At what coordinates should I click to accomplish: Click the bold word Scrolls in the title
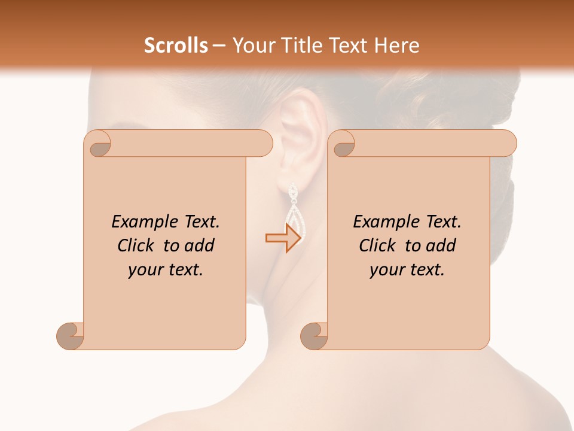click(x=176, y=45)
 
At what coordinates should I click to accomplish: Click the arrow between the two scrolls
click(x=283, y=238)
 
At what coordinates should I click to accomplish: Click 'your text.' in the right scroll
click(x=407, y=270)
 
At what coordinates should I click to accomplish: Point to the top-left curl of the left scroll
click(x=99, y=144)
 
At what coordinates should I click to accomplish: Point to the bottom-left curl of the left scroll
click(x=71, y=335)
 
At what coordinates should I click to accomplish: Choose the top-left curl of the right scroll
click(x=343, y=144)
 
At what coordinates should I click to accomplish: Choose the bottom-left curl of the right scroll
click(x=315, y=335)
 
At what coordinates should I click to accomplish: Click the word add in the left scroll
click(x=200, y=245)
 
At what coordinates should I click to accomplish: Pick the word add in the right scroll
click(x=441, y=245)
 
